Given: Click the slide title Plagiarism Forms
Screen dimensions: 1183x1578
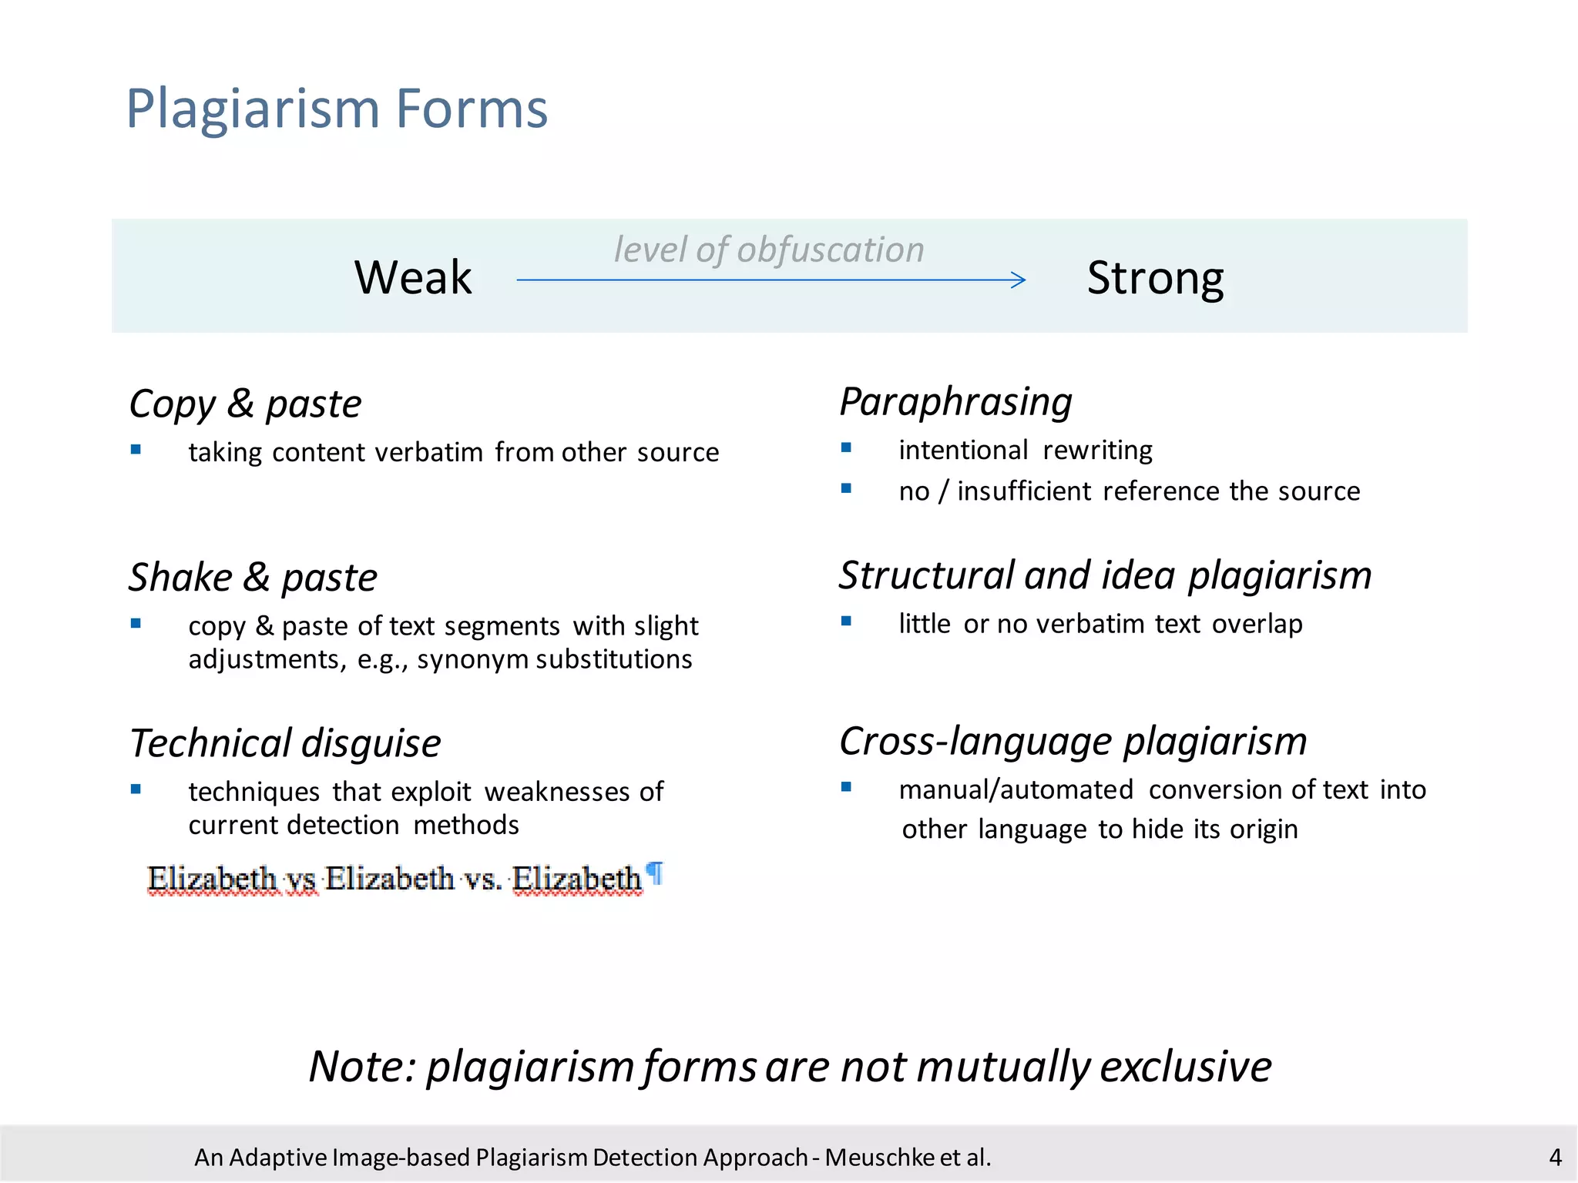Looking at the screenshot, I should [x=337, y=108].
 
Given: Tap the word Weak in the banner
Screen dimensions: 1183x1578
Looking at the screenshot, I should [x=413, y=277].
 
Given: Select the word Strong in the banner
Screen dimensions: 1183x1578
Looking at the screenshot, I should [x=1154, y=278].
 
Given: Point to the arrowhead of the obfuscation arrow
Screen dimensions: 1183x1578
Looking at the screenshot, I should [x=1019, y=280].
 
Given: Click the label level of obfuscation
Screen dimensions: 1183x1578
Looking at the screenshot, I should [x=768, y=250].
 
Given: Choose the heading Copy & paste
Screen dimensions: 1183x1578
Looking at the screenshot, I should [x=245, y=404].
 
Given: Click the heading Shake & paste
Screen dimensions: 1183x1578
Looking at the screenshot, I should [x=253, y=577].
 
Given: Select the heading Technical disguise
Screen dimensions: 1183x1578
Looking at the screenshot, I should [x=285, y=743].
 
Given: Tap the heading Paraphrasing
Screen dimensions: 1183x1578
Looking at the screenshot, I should [x=955, y=401].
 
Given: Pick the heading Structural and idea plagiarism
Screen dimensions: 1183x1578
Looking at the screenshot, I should [x=1105, y=575].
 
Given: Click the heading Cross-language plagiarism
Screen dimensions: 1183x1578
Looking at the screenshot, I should [x=1073, y=741].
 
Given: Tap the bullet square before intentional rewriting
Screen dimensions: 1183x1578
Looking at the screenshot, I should [x=846, y=447].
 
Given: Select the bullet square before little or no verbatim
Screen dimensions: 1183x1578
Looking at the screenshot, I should [x=846, y=621].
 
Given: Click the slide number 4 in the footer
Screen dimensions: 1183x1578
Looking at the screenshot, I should [x=1555, y=1157].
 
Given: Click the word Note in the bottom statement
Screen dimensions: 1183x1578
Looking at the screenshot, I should [x=359, y=1067].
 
